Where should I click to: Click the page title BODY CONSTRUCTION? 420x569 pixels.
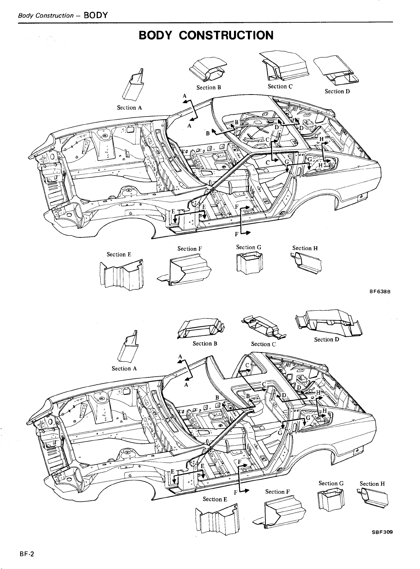pos(206,35)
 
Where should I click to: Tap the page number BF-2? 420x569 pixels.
pos(27,553)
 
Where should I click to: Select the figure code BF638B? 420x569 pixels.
pos(380,292)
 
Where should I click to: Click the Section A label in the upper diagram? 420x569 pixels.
pos(129,107)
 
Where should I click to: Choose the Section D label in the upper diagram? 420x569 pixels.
pos(337,91)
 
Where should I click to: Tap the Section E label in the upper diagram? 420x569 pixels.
pos(119,254)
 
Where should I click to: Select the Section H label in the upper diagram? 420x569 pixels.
pos(305,248)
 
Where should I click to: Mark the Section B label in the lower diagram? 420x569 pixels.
pos(205,343)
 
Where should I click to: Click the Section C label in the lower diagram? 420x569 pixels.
pos(263,344)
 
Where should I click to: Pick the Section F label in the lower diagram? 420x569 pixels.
pos(280,491)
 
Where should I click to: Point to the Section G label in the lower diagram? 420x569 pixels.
pos(331,483)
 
